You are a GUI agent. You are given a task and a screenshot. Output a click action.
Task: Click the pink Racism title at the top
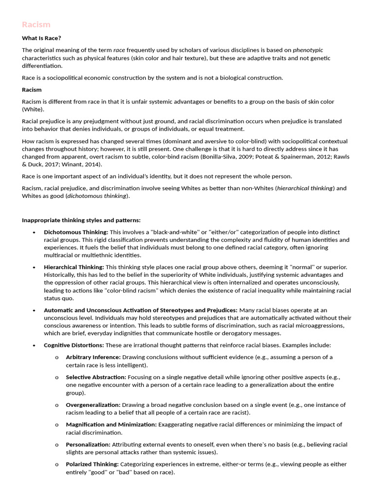click(36, 25)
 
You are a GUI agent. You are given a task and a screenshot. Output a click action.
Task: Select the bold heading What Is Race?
click(41, 38)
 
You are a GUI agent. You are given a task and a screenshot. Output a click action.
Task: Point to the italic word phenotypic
click(308, 50)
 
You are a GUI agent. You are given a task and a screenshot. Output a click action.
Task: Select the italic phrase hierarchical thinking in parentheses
click(305, 188)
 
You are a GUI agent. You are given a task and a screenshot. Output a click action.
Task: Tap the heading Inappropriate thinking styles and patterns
click(81, 220)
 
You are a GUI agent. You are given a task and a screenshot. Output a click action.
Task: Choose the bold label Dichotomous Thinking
click(76, 232)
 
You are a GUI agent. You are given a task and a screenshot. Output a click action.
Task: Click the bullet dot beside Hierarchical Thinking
click(34, 268)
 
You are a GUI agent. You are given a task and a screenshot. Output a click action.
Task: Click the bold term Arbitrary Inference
click(93, 357)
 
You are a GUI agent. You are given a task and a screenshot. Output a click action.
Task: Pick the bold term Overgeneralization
click(93, 405)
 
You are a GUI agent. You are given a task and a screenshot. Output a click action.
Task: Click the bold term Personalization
click(88, 444)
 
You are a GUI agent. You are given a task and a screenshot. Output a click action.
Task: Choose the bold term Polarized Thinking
click(92, 464)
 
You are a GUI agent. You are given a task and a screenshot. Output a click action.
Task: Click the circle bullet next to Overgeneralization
click(56, 405)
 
